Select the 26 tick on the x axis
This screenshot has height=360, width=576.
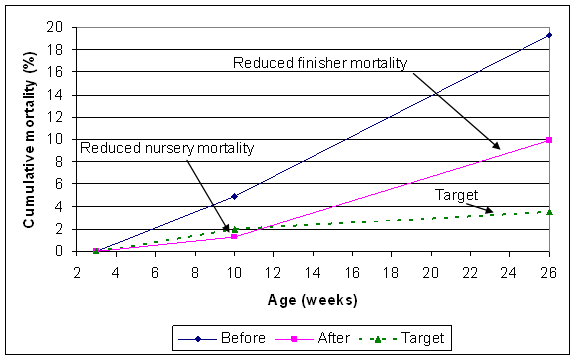547,271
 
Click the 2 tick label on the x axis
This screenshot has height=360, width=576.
76,271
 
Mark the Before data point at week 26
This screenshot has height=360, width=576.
547,35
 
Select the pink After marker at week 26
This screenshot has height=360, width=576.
547,140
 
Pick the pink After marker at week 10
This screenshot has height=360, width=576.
233,236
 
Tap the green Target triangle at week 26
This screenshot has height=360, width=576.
547,211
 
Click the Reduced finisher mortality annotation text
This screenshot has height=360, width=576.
320,64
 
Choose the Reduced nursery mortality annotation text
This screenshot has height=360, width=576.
167,149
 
